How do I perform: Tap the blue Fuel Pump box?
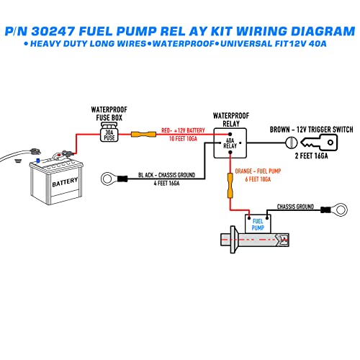click(x=256, y=224)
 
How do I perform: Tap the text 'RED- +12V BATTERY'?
click(x=183, y=130)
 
